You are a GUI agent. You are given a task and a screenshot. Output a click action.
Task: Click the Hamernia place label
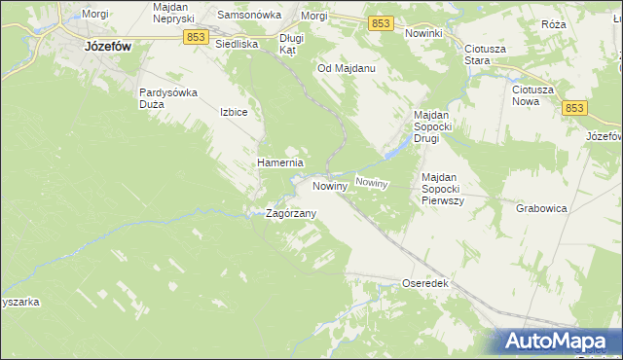click(x=280, y=162)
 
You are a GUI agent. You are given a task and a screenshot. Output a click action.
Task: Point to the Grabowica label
click(x=541, y=207)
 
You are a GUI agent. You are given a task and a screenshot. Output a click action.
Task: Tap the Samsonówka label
click(x=248, y=16)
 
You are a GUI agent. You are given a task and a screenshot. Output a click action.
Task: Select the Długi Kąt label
click(x=292, y=43)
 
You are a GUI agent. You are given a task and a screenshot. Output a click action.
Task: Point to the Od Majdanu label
click(x=347, y=69)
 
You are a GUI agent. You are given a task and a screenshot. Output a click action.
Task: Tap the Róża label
click(x=581, y=23)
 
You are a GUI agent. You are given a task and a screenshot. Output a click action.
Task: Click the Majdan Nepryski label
click(x=175, y=13)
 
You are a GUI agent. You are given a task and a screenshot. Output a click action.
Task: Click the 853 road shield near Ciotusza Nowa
click(x=574, y=108)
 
